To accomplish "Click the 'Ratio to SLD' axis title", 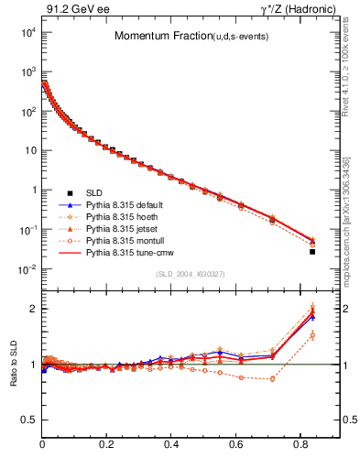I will (x=13, y=365).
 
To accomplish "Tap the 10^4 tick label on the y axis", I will (x=28, y=31).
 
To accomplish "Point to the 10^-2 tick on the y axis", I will (x=28, y=269).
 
